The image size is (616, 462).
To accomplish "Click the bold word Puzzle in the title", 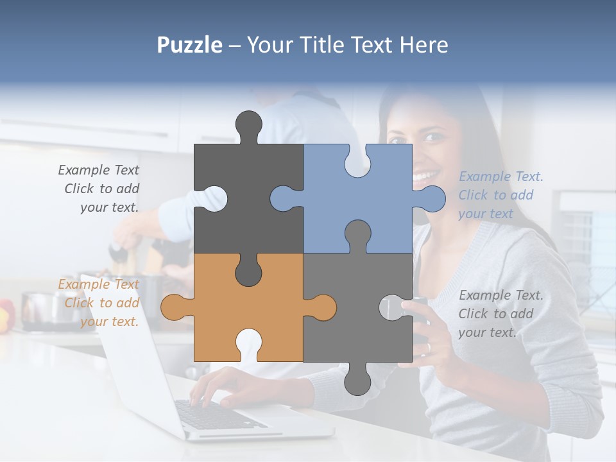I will pyautogui.click(x=190, y=45).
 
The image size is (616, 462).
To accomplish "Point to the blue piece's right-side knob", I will pyautogui.click(x=431, y=198).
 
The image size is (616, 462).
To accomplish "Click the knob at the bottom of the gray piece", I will pyautogui.click(x=357, y=382).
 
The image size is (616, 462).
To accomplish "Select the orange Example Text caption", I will pyautogui.click(x=99, y=302).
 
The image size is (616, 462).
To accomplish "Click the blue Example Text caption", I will pyautogui.click(x=501, y=195).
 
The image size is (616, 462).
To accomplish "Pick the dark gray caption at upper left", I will pyautogui.click(x=99, y=189).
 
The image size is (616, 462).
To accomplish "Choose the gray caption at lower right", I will pyautogui.click(x=501, y=313).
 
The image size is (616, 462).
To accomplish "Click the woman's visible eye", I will pyautogui.click(x=433, y=137).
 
